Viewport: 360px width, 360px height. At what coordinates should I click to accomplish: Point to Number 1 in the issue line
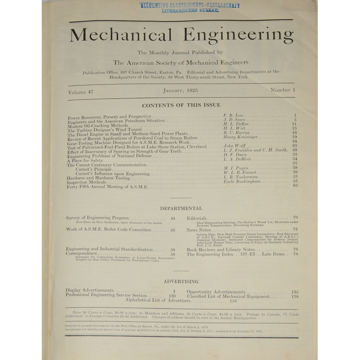[280, 90]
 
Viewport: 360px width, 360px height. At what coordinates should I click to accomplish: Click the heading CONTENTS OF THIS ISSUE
[181, 105]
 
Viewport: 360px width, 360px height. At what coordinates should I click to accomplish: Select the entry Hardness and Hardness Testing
[99, 178]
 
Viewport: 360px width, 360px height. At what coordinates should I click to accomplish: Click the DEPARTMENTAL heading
[181, 208]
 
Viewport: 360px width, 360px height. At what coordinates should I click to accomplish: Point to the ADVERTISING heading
[180, 281]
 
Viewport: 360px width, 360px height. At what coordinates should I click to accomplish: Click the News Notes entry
[198, 230]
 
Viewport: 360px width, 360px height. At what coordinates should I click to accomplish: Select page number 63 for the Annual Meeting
[295, 185]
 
